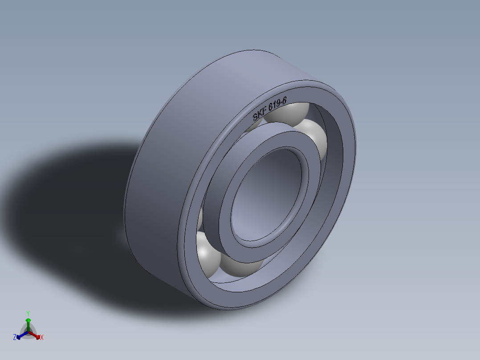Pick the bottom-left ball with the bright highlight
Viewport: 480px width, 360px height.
(207, 254)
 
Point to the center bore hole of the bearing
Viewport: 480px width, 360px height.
(267, 196)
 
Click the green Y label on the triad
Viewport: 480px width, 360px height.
(28, 313)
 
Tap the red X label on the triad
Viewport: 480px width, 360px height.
(42, 338)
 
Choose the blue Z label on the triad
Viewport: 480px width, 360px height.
(15, 338)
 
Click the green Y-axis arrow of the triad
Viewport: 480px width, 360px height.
(28, 323)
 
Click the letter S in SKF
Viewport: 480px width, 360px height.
(255, 118)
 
